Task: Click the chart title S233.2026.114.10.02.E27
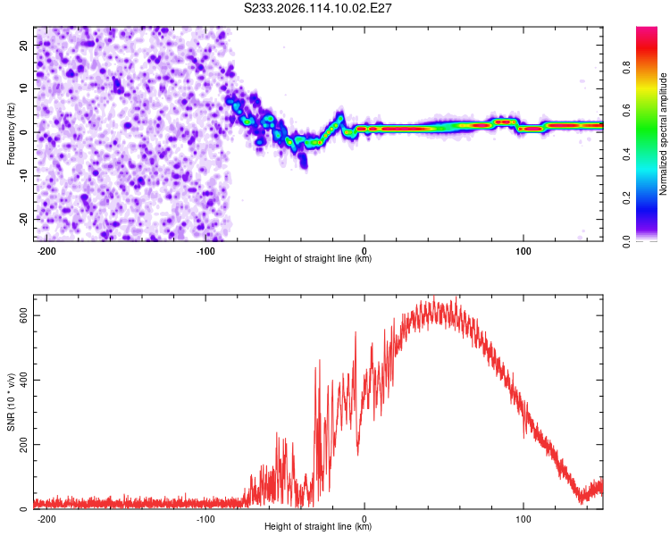317,8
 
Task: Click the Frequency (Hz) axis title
11,134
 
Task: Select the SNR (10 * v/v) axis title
11,402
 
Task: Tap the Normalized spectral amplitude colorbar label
663,134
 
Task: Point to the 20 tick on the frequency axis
24,45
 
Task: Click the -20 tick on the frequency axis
24,220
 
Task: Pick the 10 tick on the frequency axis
24,88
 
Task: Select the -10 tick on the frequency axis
24,176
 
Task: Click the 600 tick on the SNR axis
24,315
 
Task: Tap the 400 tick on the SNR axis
24,380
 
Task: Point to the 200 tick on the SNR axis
24,445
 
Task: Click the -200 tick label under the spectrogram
46,251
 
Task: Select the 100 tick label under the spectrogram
523,251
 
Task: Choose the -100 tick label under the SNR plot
205,519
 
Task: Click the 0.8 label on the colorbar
626,68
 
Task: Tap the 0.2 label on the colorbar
626,198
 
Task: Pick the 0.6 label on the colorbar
626,111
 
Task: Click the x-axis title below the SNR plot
318,526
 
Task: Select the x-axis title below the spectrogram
318,258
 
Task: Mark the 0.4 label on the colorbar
626,155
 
